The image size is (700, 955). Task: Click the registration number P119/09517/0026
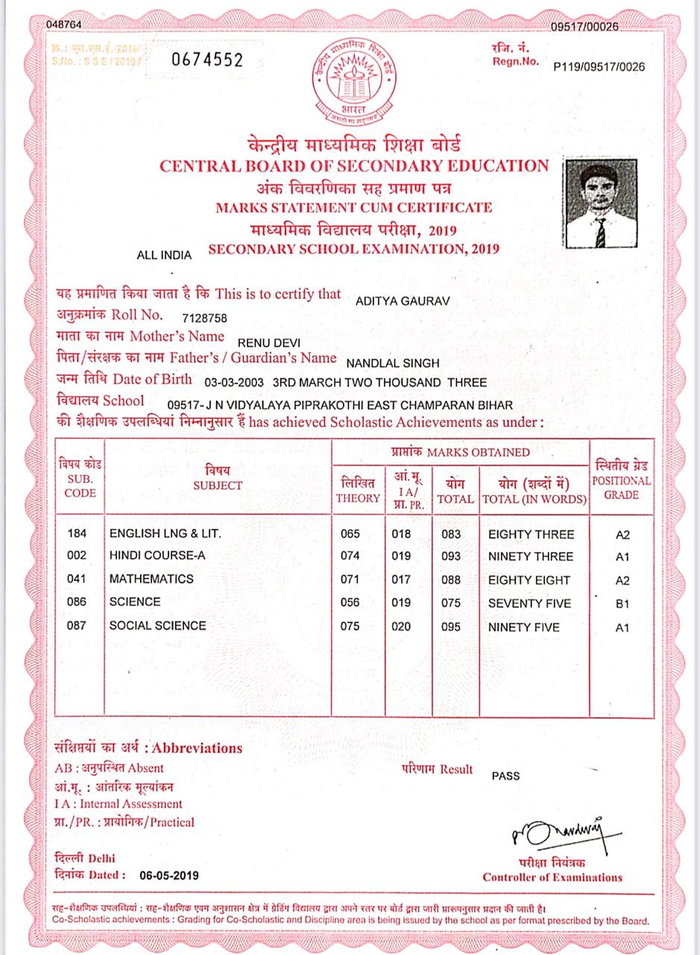[599, 67]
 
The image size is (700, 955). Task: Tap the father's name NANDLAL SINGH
[393, 363]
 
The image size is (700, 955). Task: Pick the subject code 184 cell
[77, 534]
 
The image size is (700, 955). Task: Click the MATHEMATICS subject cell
[151, 579]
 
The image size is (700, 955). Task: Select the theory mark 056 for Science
[350, 602]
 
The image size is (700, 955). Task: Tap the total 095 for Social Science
[451, 627]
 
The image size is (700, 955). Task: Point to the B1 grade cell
[622, 604]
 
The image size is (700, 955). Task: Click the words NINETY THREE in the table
[530, 557]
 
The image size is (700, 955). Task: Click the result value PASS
[505, 775]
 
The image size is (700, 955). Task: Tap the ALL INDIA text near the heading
[165, 255]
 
